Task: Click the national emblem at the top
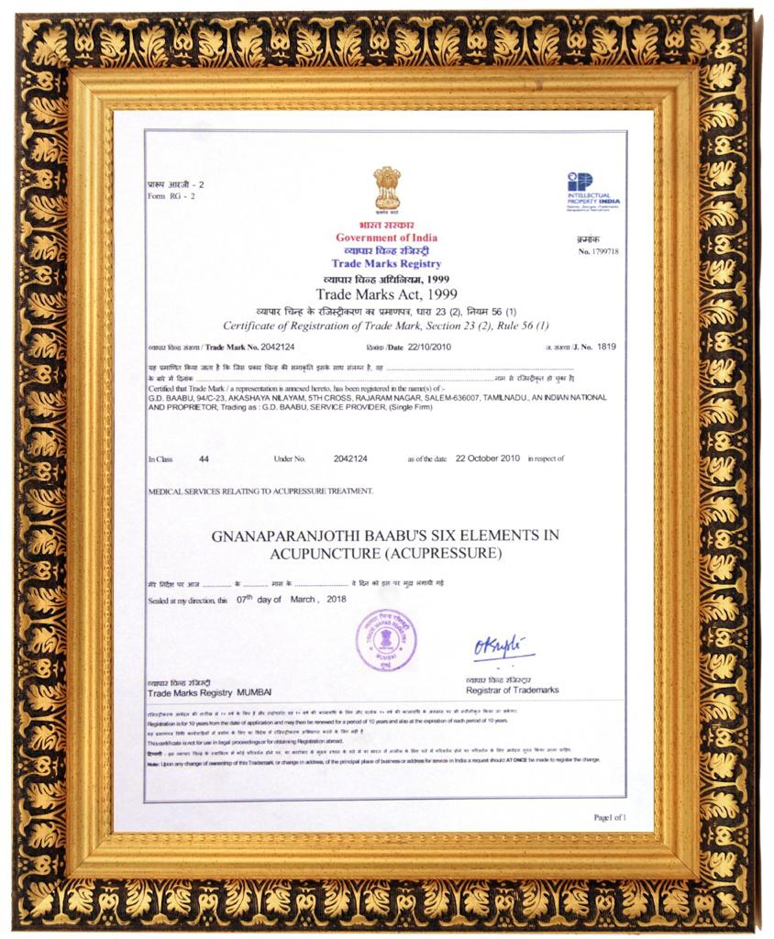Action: (386, 190)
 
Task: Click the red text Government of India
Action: (386, 238)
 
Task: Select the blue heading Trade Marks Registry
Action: (386, 264)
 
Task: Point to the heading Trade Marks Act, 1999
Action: (386, 294)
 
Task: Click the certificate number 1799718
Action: (604, 251)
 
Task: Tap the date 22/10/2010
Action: (429, 347)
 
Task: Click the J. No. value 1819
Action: (607, 347)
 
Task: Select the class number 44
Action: (204, 458)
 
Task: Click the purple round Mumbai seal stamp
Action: (386, 639)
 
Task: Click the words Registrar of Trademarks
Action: (512, 690)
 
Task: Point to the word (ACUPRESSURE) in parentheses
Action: (442, 554)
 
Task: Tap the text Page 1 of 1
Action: (610, 816)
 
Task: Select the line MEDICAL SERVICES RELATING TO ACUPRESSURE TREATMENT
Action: (260, 492)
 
